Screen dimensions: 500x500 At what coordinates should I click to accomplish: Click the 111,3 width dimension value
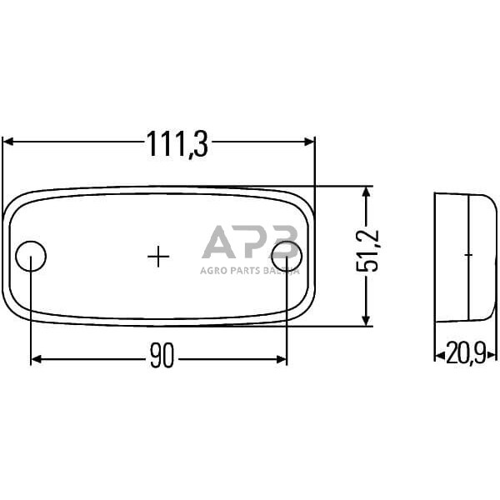pyautogui.click(x=177, y=144)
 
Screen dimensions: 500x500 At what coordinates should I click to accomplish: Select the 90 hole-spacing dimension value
pyautogui.click(x=162, y=359)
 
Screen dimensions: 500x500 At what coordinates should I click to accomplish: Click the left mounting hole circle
pyautogui.click(x=32, y=254)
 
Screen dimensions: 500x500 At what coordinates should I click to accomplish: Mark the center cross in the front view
pyautogui.click(x=158, y=256)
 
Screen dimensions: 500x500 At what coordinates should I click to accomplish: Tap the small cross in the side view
pyautogui.click(x=468, y=254)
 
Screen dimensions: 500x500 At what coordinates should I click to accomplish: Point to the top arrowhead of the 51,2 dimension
pyautogui.click(x=365, y=192)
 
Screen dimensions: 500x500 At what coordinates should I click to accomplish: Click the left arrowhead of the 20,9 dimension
pyautogui.click(x=438, y=354)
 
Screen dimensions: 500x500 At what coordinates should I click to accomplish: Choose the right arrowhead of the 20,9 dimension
pyautogui.click(x=492, y=354)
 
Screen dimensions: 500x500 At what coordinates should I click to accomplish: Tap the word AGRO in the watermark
pyautogui.click(x=212, y=270)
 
